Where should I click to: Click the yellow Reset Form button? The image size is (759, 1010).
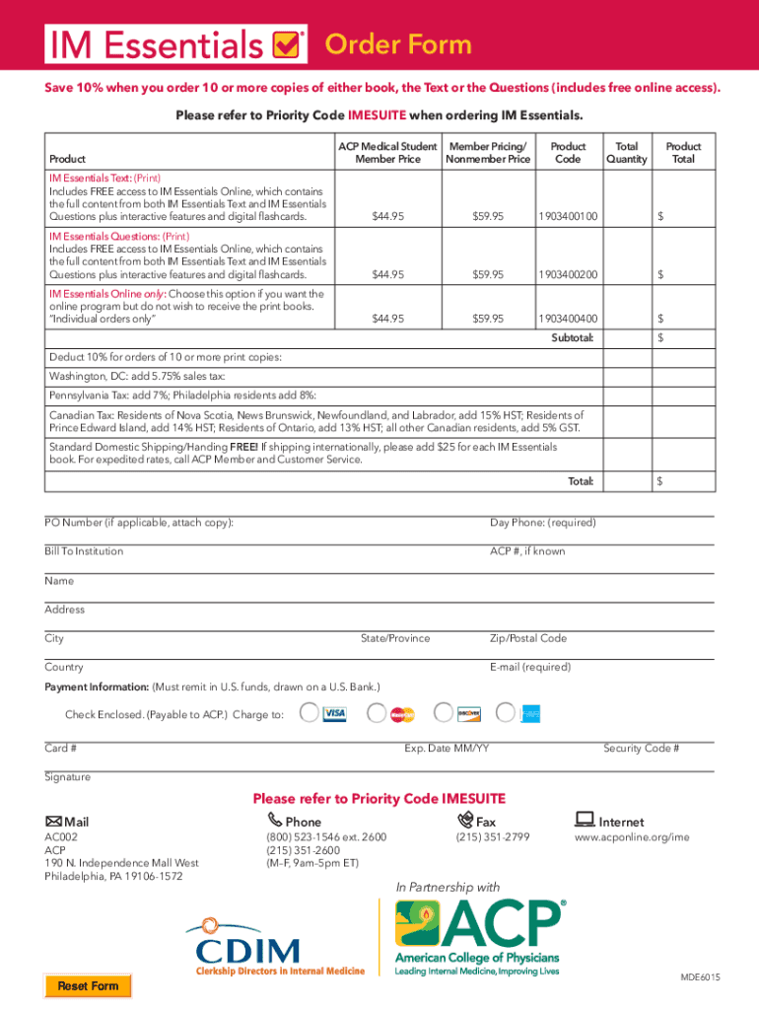tap(88, 985)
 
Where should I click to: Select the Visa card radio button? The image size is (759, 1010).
tap(310, 713)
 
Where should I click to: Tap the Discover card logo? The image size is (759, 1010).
tap(468, 713)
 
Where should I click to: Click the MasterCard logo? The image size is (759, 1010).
tap(401, 713)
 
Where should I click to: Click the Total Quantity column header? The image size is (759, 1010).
tap(627, 152)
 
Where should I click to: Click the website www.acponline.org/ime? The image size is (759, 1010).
tap(632, 837)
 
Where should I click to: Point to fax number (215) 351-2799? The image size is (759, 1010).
tap(492, 837)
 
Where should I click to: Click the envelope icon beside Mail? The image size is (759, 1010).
tap(53, 822)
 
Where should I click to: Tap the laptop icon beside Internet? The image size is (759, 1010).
tap(584, 820)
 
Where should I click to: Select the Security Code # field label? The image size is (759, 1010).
tap(641, 748)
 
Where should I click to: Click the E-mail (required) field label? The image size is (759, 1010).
tap(529, 667)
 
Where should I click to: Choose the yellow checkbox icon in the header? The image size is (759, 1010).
tap(286, 44)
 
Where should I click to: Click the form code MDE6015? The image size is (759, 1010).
tap(700, 976)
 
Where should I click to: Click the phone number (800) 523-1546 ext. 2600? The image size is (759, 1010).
tap(326, 837)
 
